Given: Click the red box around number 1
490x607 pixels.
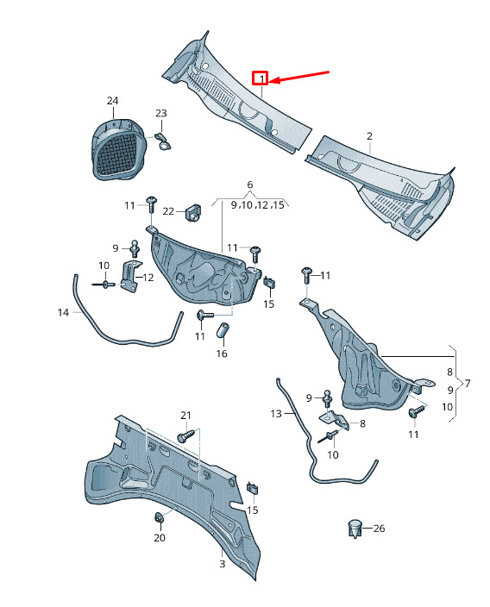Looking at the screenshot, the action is click(260, 78).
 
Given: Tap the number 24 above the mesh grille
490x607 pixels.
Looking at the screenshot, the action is click(112, 101).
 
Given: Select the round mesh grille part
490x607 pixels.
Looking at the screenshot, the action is click(119, 149).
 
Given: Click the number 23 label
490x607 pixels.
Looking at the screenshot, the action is click(161, 114).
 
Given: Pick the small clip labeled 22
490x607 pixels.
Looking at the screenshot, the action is click(194, 212).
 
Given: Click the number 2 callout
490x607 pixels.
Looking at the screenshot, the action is click(369, 136).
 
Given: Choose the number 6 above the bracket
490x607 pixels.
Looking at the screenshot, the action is click(250, 185).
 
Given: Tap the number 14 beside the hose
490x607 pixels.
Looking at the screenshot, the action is click(63, 312).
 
